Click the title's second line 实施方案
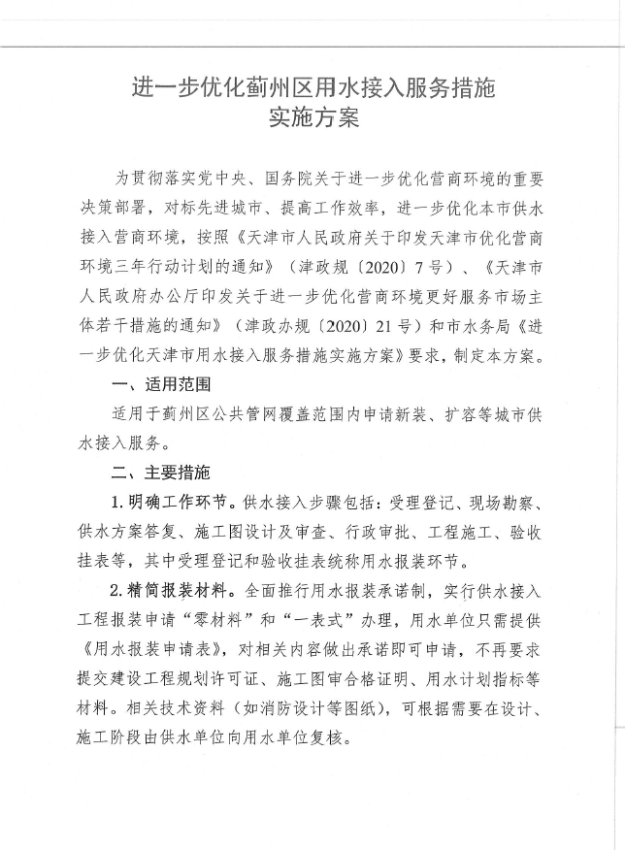click(x=312, y=120)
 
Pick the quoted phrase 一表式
click(x=401, y=618)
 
